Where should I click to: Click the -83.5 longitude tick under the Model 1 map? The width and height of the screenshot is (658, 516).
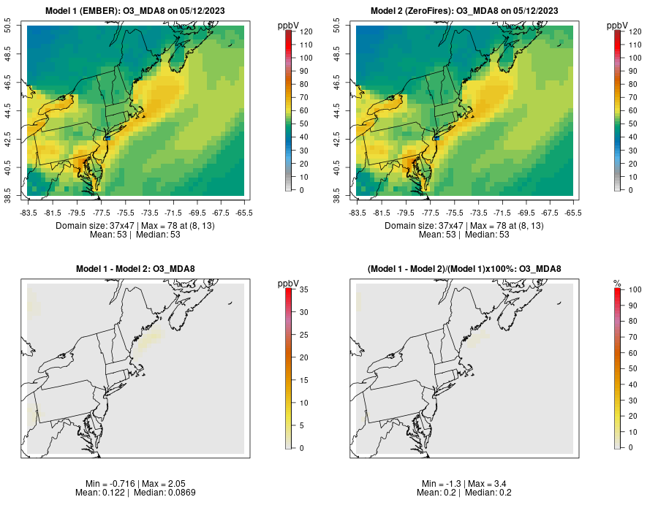click(29, 213)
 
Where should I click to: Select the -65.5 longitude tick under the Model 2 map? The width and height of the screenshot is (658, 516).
click(573, 213)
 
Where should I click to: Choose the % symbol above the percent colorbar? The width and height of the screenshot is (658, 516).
click(617, 283)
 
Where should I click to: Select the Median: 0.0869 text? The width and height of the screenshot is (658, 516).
click(165, 493)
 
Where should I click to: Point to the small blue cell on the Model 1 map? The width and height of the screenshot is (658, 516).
click(107, 137)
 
